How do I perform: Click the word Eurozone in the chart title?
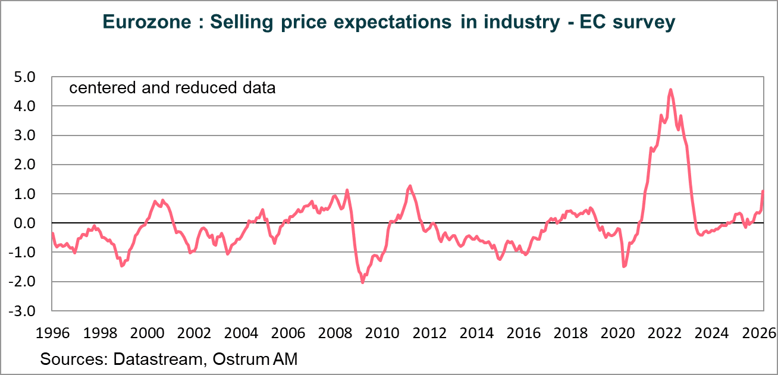point(146,22)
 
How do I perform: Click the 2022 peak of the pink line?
point(671,90)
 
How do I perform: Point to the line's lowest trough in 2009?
point(362,282)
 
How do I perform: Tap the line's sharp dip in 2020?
point(624,266)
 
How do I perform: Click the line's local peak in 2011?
point(410,186)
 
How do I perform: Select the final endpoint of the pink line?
point(763,191)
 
